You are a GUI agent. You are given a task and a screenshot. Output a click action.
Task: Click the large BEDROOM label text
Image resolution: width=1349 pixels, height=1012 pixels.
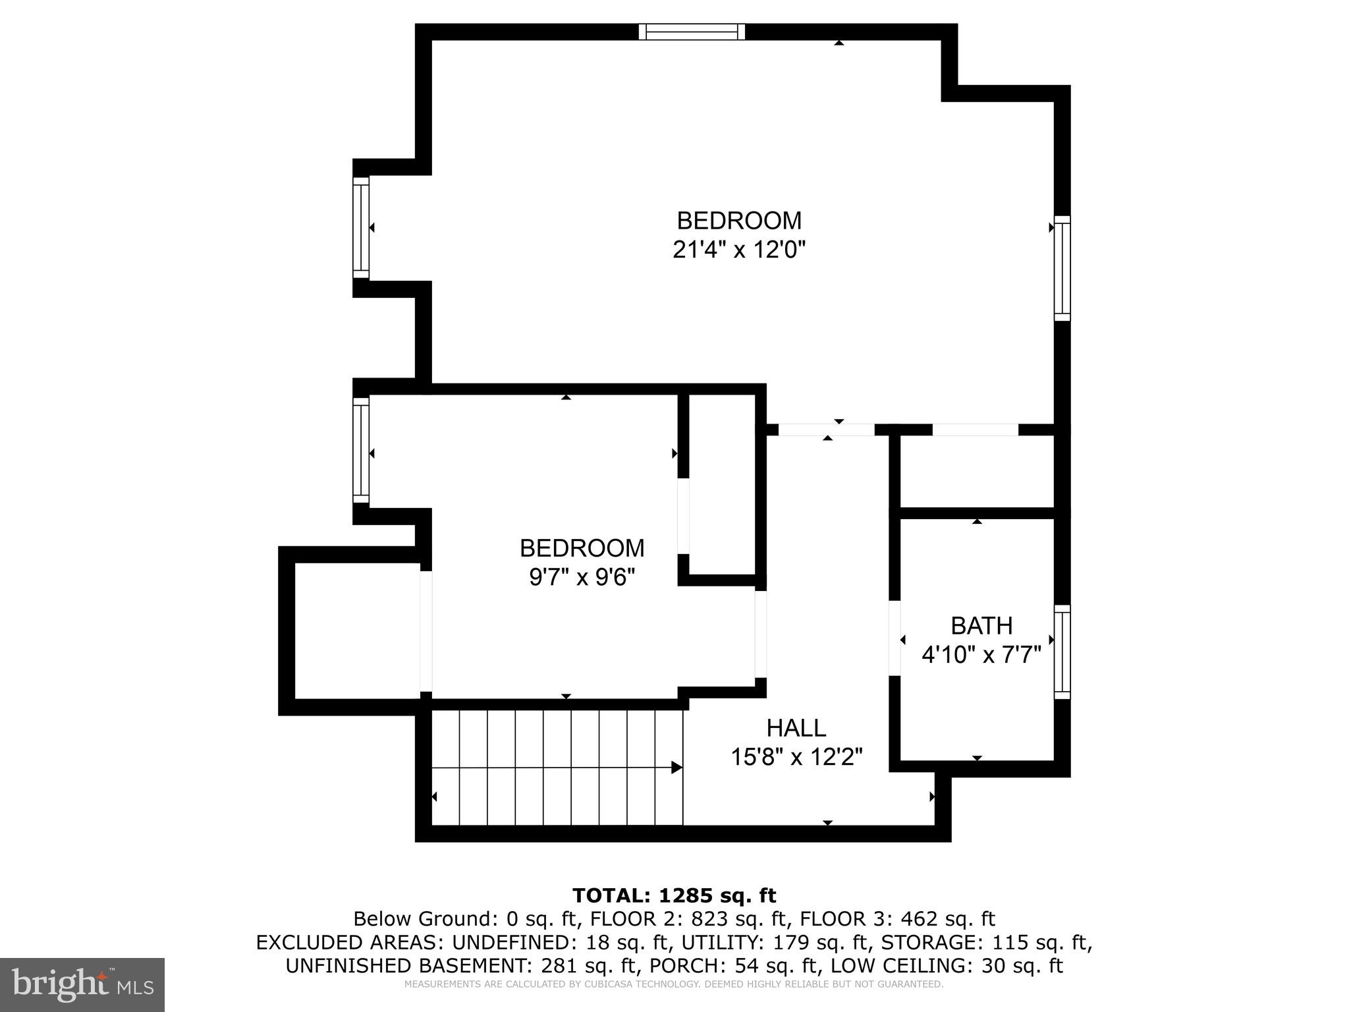coord(739,220)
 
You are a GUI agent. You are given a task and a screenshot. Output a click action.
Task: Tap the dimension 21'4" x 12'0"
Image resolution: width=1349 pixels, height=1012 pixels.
coord(739,250)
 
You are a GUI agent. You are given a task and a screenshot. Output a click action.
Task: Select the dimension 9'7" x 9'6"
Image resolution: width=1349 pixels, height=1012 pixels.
coord(582,578)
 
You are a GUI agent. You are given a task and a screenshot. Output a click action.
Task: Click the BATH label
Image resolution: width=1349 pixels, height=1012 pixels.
coord(981,625)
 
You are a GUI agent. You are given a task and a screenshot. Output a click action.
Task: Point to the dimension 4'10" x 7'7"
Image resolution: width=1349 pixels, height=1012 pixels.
coord(981,656)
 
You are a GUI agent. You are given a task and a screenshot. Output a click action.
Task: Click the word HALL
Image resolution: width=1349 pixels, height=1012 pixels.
coord(796,728)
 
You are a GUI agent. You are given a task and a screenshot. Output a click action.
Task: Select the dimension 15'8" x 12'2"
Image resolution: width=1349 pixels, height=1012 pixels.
coord(796,758)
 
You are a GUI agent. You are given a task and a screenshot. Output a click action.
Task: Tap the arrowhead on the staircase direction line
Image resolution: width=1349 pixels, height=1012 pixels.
coord(676,768)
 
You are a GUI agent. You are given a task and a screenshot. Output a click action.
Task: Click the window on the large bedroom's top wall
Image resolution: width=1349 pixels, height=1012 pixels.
coord(692,32)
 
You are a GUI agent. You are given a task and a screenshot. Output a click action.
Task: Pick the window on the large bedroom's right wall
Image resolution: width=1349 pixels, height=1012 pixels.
coord(1062,268)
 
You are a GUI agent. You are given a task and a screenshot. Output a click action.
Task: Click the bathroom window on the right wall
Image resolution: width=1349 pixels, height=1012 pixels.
coord(1062,652)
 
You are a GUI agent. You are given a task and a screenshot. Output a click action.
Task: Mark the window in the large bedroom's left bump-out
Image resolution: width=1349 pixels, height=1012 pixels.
coord(361,228)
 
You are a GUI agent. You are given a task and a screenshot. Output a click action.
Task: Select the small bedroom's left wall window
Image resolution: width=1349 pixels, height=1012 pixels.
coord(361,450)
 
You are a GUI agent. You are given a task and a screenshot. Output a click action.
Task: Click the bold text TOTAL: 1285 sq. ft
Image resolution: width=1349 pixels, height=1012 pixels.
coord(674,895)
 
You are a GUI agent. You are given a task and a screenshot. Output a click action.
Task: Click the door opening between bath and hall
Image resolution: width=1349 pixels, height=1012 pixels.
coord(895,638)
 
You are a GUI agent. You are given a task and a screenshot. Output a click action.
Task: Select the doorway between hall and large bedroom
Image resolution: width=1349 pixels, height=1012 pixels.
coord(827,430)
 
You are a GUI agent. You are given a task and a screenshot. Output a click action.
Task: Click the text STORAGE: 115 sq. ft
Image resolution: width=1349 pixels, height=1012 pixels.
coord(986,942)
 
